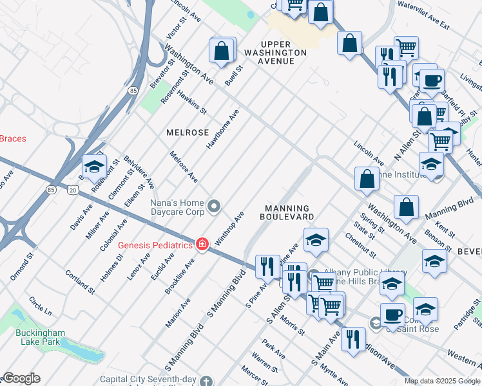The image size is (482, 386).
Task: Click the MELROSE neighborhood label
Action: [x=188, y=133]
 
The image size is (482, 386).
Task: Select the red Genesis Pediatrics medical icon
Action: [x=202, y=244]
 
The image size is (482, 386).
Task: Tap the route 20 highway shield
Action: [x=72, y=190]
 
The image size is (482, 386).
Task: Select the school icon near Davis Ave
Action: [x=94, y=166]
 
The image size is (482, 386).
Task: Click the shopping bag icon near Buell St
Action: [x=222, y=50]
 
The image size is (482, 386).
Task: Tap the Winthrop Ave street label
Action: [x=230, y=228]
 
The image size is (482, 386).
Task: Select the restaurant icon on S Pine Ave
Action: [x=267, y=266]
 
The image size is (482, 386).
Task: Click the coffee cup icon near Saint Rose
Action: [x=392, y=314]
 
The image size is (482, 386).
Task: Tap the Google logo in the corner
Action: [x=21, y=378]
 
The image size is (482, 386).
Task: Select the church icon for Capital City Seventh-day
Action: [x=206, y=381]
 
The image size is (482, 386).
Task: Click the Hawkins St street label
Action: [x=192, y=102]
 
